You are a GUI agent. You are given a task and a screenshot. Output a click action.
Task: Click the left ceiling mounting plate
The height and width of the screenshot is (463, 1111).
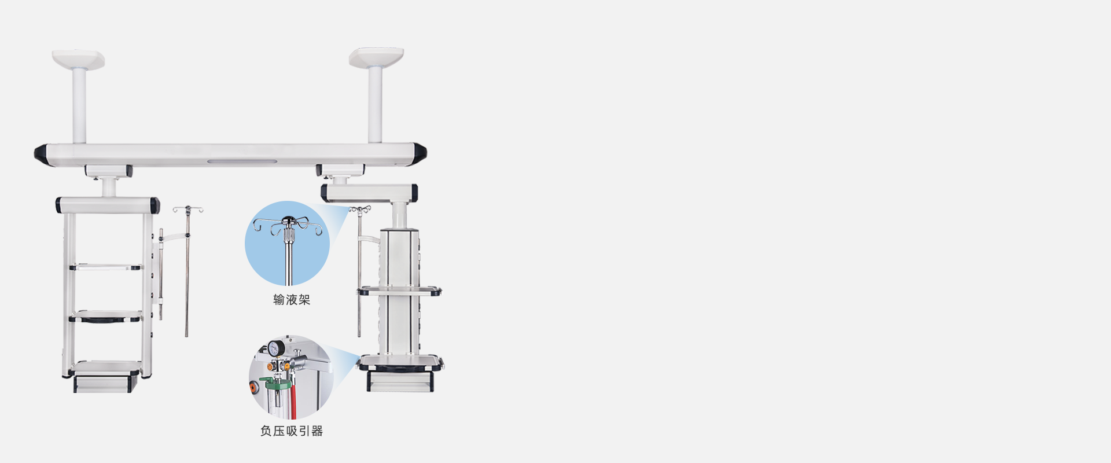pos(78,59)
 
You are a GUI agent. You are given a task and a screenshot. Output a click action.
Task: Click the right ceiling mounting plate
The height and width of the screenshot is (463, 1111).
pos(376,57)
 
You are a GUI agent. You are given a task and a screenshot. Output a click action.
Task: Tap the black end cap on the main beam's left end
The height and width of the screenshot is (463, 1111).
pos(41,153)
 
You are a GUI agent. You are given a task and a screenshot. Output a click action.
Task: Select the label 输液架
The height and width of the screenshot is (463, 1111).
pos(292,300)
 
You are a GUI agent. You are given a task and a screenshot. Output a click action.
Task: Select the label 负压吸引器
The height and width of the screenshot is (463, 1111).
pos(292,431)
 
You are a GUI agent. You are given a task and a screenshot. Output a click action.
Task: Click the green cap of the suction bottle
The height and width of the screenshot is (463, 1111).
pos(275,383)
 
